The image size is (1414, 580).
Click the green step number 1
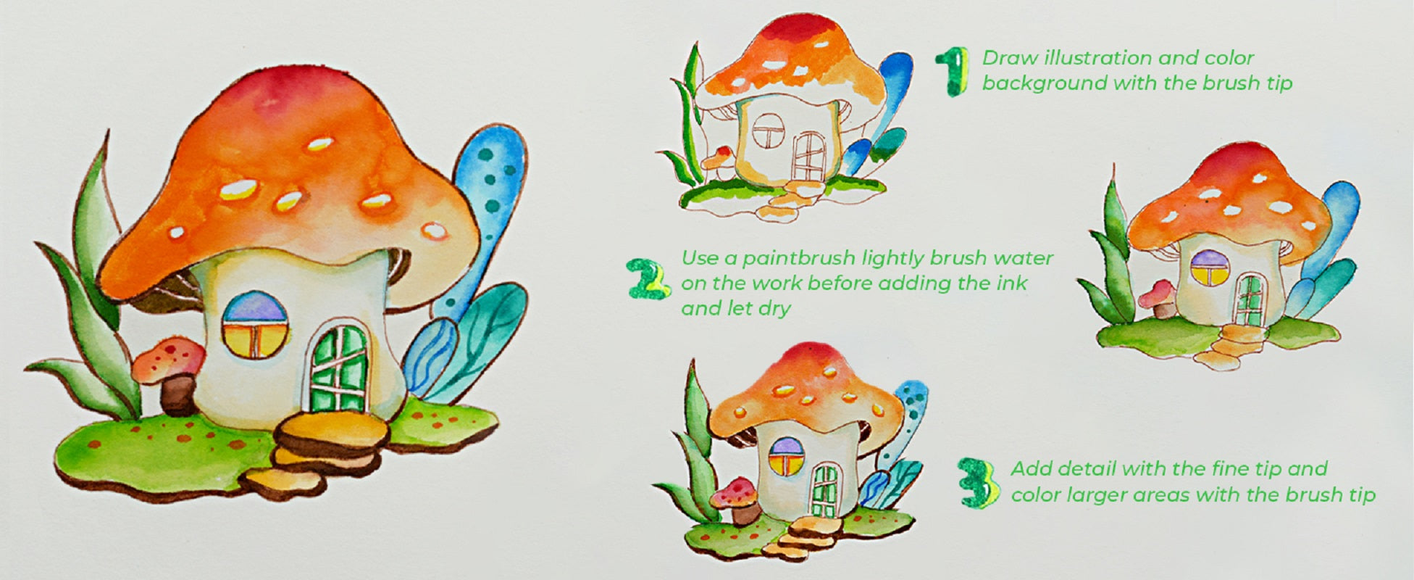(952, 72)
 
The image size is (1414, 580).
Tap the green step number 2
(646, 278)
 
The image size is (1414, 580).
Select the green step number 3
(979, 481)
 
